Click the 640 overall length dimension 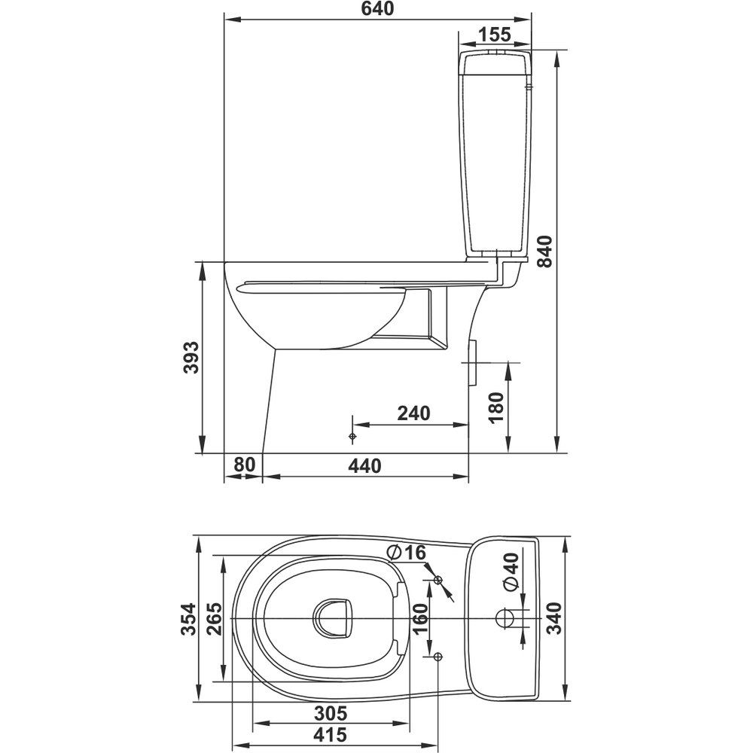(x=377, y=8)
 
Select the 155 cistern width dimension (x=495, y=35)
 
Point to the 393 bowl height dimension (x=191, y=357)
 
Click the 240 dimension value (x=413, y=413)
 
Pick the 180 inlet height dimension (x=495, y=407)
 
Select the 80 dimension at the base (x=244, y=465)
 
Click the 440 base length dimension (x=365, y=466)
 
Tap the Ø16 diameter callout (x=407, y=553)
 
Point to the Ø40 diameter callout (x=511, y=572)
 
